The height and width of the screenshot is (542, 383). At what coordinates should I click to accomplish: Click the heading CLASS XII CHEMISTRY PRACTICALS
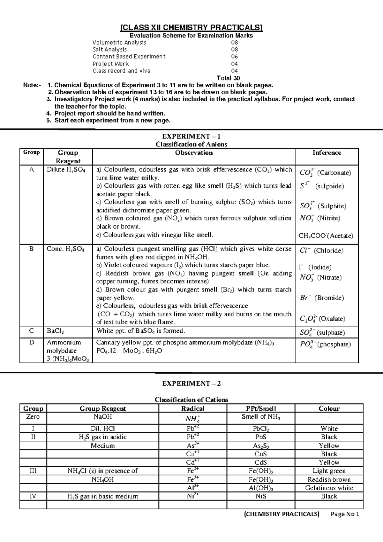pos(191,28)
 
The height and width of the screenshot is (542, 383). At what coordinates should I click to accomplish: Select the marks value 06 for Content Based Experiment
pos(235,57)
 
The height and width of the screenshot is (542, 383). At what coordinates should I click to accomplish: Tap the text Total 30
pos(228,78)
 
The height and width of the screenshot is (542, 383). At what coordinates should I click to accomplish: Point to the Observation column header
pos(194,153)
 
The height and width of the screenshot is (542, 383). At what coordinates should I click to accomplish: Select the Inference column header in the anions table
pos(327,153)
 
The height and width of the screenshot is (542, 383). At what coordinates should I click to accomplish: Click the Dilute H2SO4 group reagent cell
pos(66,170)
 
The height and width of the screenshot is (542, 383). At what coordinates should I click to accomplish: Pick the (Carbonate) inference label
pos(334,173)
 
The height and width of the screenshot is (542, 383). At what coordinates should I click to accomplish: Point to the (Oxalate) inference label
pos(332,319)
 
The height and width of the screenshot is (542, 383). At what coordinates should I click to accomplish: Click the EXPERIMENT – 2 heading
pos(191,383)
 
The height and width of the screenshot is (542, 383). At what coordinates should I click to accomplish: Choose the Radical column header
pos(192,408)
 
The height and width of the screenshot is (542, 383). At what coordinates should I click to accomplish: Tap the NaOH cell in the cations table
pos(102,417)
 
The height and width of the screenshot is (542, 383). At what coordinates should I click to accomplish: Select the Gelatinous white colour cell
pos(329,488)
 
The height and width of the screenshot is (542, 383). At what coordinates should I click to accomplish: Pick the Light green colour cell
pos(329,471)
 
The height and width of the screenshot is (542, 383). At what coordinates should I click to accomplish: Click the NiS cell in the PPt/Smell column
pos(261,496)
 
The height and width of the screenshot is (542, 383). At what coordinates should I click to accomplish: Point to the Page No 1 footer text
pos(345,514)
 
